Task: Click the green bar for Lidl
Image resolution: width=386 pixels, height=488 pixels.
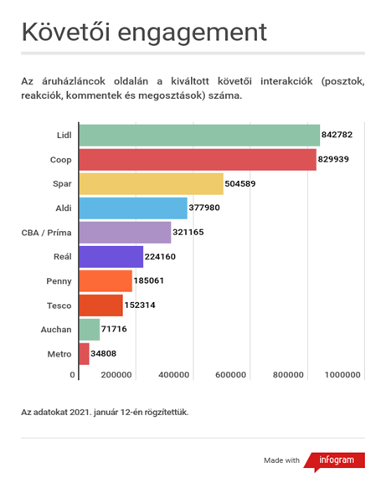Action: pyautogui.click(x=199, y=135)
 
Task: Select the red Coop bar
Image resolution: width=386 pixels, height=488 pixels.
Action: pyautogui.click(x=198, y=160)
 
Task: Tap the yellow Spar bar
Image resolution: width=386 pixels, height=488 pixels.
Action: pyautogui.click(x=152, y=184)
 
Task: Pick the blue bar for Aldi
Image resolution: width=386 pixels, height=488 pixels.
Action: pyautogui.click(x=133, y=208)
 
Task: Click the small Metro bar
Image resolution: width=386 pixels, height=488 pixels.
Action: pyautogui.click(x=84, y=354)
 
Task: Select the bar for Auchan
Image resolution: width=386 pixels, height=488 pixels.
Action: pyautogui.click(x=90, y=330)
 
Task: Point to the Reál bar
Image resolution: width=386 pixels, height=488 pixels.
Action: pyautogui.click(x=111, y=257)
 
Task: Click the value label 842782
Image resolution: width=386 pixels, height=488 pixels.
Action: pyautogui.click(x=337, y=135)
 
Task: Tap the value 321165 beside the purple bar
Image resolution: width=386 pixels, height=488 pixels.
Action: pyautogui.click(x=188, y=232)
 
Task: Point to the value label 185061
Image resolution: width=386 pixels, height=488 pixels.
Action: pyautogui.click(x=148, y=280)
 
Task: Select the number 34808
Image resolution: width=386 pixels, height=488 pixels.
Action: pyautogui.click(x=103, y=353)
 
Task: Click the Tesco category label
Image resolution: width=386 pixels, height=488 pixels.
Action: pyautogui.click(x=59, y=306)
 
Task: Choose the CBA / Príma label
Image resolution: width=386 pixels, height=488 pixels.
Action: pyautogui.click(x=46, y=233)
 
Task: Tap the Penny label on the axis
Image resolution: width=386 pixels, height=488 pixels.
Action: pyautogui.click(x=59, y=281)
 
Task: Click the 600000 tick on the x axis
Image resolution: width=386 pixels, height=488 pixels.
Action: pyautogui.click(x=230, y=375)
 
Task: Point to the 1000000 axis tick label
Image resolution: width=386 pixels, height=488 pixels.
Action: pyautogui.click(x=342, y=375)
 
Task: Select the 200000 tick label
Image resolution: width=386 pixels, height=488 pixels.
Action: pyautogui.click(x=116, y=375)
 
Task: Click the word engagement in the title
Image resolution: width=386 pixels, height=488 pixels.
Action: pyautogui.click(x=193, y=33)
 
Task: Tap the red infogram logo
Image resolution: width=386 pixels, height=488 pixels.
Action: pyautogui.click(x=335, y=461)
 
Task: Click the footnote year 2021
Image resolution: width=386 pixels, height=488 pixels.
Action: pyautogui.click(x=80, y=413)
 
